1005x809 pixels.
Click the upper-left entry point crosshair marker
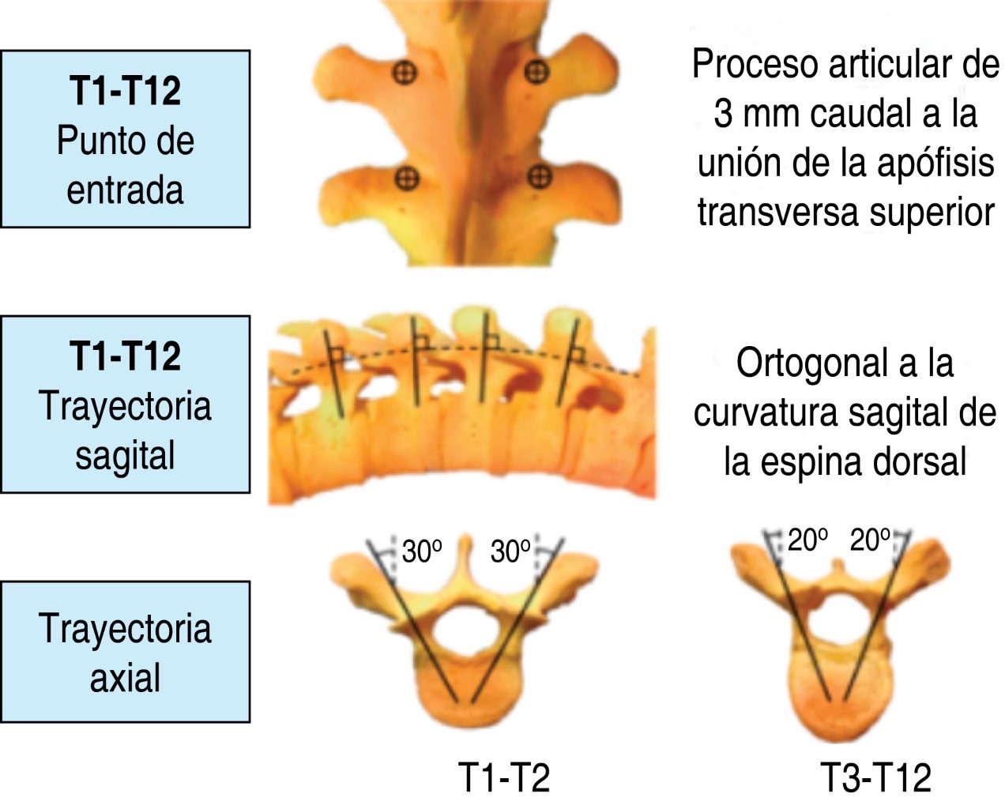405,73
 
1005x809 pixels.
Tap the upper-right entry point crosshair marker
536,72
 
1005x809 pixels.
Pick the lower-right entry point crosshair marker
539,177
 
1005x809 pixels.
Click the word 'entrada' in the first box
125,190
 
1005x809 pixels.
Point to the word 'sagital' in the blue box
125,456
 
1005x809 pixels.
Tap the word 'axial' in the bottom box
125,678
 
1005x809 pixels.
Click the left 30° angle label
421,551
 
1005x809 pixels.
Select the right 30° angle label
510,551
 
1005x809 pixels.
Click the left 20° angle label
807,540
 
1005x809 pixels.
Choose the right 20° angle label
870,540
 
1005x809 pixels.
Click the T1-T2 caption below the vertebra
503,777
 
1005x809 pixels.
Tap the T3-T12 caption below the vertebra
876,777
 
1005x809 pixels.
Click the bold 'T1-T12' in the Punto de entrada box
125,91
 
